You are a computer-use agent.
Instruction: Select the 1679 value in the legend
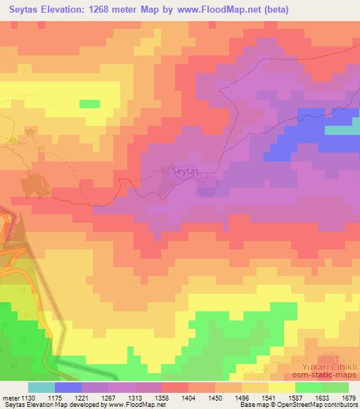coord(349,396)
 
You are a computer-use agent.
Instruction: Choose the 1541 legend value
coord(284,396)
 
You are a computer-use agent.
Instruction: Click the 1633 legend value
coord(316,396)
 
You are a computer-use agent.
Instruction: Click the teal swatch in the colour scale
coord(41,387)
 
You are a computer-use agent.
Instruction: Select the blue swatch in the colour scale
coord(68,387)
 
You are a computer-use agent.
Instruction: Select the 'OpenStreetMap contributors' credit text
coord(316,405)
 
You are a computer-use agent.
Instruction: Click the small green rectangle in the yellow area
coord(89,104)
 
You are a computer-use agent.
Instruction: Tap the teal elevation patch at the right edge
coord(342,130)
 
